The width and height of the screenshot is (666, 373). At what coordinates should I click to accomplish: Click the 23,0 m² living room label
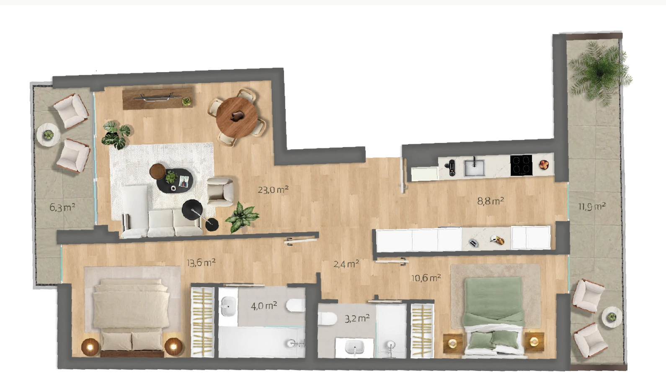[x=273, y=189]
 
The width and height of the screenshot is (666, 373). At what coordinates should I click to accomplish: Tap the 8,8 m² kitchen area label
[x=490, y=201]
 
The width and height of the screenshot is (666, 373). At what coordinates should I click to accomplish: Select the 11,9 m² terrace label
[x=592, y=206]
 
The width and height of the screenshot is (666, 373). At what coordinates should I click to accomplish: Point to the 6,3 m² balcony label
[x=62, y=207]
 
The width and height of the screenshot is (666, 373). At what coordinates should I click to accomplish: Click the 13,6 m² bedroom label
[x=201, y=263]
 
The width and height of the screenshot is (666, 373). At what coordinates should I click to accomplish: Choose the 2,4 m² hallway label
[x=346, y=264]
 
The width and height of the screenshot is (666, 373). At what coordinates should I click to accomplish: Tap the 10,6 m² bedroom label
[x=426, y=278]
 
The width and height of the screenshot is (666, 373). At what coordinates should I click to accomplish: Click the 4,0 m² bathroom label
[x=264, y=306]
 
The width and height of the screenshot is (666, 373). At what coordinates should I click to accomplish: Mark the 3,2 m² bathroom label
[x=357, y=319]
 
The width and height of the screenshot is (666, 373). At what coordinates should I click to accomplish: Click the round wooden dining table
[x=237, y=117]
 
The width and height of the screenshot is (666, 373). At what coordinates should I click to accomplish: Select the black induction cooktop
[x=521, y=166]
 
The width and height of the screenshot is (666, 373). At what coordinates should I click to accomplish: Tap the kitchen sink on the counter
[x=474, y=168]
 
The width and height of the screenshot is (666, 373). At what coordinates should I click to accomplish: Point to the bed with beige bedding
[x=132, y=317]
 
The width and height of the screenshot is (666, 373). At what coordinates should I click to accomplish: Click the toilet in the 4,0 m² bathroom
[x=296, y=306]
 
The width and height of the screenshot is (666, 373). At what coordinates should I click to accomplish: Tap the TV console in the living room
[x=157, y=98]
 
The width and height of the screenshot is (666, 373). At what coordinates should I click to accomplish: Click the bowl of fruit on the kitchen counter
[x=544, y=164]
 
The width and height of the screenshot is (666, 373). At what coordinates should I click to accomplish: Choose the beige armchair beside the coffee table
[x=220, y=192]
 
